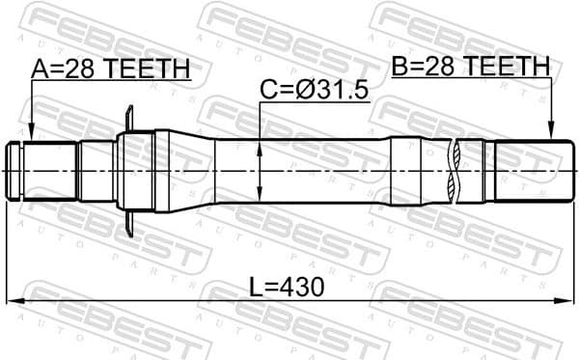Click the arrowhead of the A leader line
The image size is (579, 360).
31,137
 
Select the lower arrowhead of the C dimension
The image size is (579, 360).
261,192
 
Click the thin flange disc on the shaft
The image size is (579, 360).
128,169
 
